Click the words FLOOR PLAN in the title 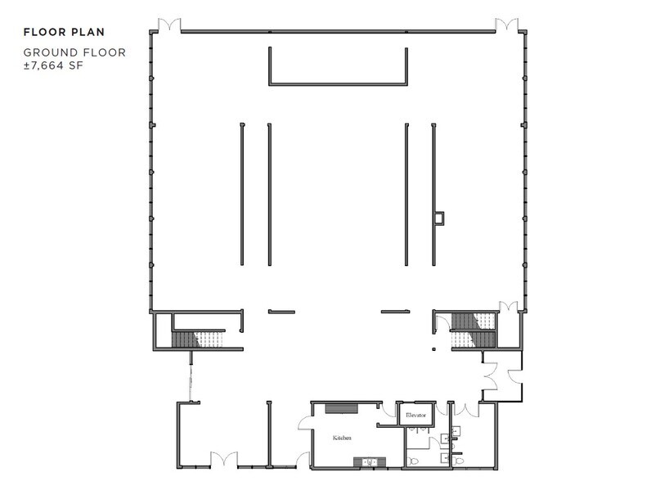pos(64,33)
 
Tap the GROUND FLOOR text pos(74,53)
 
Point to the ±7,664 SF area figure pos(54,65)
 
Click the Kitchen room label pos(342,438)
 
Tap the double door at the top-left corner pos(169,25)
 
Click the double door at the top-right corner pos(505,25)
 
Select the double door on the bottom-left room pos(222,460)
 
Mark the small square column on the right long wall pos(439,218)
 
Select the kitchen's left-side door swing pos(304,420)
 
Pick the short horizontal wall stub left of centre pos(281,311)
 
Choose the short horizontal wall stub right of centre pos(395,311)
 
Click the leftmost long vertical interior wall pos(241,194)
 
